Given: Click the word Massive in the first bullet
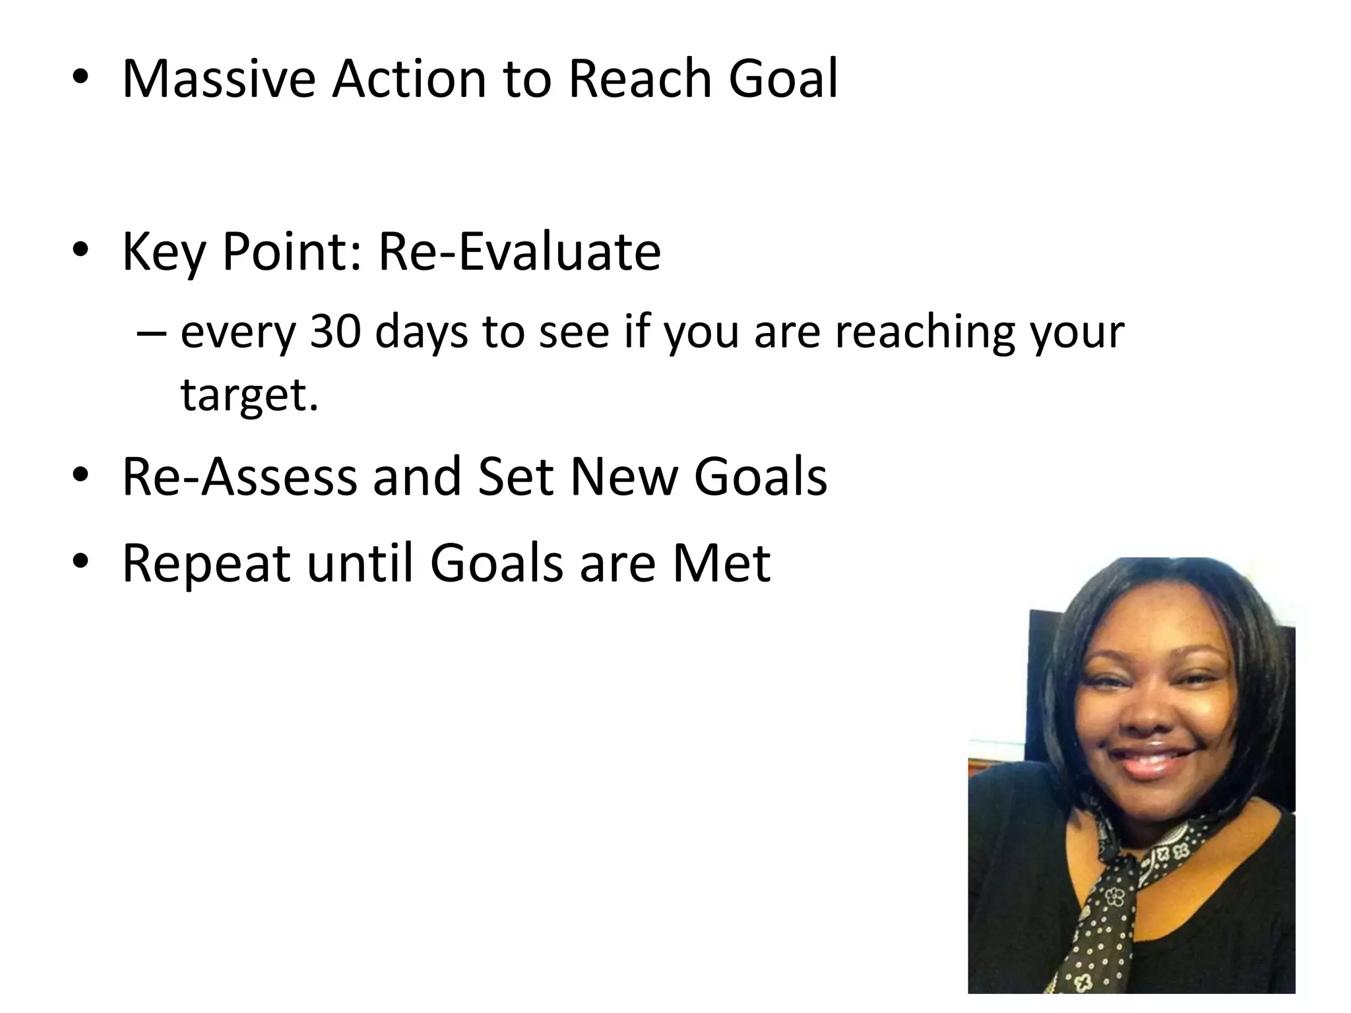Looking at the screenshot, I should (x=218, y=79).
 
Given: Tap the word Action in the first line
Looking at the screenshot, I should (x=408, y=79).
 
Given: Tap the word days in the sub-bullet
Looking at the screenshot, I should (x=421, y=333).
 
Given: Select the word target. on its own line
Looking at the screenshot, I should (x=249, y=395).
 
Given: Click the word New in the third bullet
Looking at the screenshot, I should (x=624, y=477).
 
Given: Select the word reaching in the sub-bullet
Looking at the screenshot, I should (x=924, y=333).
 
